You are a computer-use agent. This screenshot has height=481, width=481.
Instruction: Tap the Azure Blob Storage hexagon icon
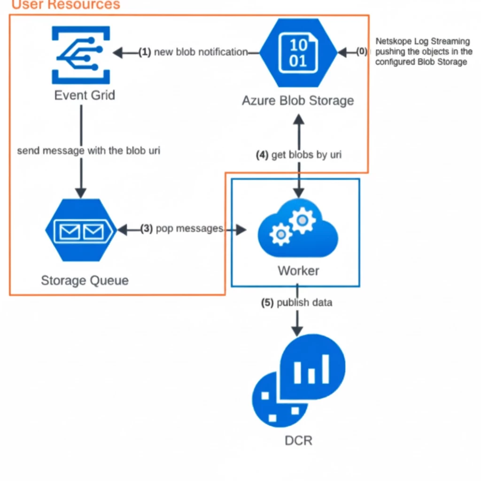click(x=298, y=53)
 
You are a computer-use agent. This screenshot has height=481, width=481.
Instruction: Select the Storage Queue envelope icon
click(x=81, y=230)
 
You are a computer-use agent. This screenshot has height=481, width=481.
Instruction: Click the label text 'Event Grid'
click(x=85, y=95)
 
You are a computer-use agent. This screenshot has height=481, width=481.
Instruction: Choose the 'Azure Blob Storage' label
click(x=298, y=101)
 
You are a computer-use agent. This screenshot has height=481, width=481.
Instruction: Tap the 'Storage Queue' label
click(x=85, y=281)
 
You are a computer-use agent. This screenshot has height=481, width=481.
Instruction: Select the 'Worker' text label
click(x=298, y=271)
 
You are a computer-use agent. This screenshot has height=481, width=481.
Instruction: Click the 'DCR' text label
click(x=298, y=441)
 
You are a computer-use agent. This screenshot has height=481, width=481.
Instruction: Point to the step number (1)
click(x=145, y=52)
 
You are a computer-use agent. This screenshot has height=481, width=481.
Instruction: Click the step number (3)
click(x=147, y=229)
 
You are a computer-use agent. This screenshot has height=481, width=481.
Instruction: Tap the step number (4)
click(x=262, y=155)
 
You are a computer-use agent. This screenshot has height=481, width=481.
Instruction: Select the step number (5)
click(x=268, y=303)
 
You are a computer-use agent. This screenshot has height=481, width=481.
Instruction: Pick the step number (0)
click(x=361, y=52)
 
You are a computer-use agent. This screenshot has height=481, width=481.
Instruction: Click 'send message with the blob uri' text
click(x=89, y=151)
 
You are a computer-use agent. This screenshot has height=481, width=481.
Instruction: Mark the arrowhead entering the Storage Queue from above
click(x=81, y=193)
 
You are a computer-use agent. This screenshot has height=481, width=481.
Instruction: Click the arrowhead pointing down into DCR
click(x=297, y=330)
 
